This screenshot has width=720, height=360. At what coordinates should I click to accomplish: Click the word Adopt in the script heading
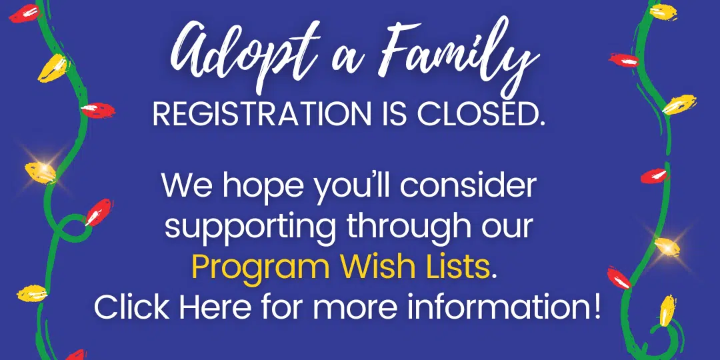225,57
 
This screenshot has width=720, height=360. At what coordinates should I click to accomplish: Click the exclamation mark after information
595,307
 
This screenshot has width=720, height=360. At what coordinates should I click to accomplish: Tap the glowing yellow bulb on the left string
41,172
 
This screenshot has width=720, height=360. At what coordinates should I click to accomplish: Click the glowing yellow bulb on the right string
667,246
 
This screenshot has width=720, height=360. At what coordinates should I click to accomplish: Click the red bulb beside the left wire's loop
98,212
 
